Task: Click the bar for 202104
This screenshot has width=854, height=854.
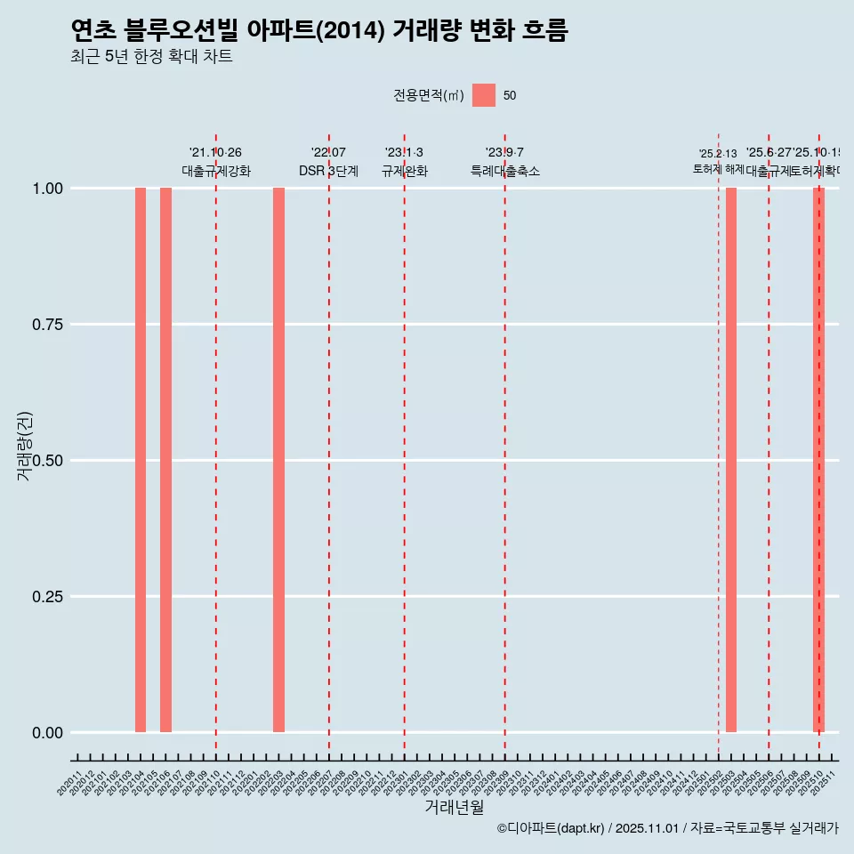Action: click(141, 460)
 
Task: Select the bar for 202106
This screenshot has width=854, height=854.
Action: click(165, 460)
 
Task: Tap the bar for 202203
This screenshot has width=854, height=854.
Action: click(278, 460)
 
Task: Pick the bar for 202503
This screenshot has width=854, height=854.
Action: click(731, 460)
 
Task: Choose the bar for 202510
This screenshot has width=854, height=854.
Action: click(818, 460)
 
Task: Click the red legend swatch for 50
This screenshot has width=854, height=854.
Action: click(484, 95)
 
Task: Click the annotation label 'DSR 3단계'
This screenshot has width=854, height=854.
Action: click(328, 171)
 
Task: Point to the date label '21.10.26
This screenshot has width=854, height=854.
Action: click(215, 153)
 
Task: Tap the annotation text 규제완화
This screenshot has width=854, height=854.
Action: click(405, 171)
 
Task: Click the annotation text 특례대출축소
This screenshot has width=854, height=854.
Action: click(505, 171)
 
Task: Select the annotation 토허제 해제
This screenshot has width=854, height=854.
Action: click(719, 169)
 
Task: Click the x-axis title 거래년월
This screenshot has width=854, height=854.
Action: click(454, 808)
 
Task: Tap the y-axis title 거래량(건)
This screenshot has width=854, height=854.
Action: click(25, 445)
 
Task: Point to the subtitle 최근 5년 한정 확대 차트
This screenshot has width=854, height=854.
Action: click(151, 57)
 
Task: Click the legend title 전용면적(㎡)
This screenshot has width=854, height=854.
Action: click(429, 96)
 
